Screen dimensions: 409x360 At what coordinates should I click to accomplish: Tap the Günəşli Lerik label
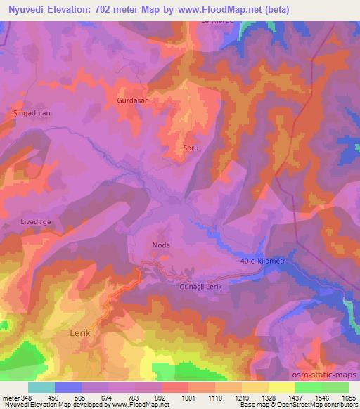(204, 287)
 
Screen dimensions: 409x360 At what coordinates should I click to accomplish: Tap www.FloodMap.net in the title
(217, 10)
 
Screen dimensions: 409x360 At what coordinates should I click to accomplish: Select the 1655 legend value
(349, 397)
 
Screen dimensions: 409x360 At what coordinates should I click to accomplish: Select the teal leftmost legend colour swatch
(41, 387)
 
